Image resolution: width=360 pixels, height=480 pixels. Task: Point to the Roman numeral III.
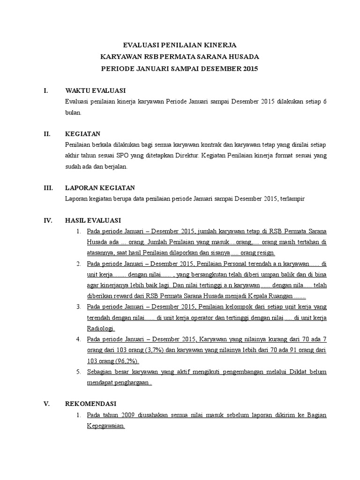(x=48, y=187)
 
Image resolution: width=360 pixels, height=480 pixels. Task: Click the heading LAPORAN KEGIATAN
(x=100, y=187)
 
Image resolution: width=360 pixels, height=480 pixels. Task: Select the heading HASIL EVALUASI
(x=93, y=220)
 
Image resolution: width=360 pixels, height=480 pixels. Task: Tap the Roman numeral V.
(x=46, y=404)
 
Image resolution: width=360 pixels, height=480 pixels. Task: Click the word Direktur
(x=188, y=155)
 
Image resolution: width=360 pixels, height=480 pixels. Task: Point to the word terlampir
(x=292, y=199)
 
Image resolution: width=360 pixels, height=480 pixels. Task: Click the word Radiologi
(x=101, y=329)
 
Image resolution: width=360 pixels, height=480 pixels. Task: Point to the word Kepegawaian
(x=105, y=426)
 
